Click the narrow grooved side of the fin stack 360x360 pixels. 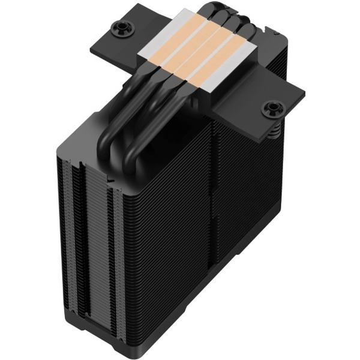90,240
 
